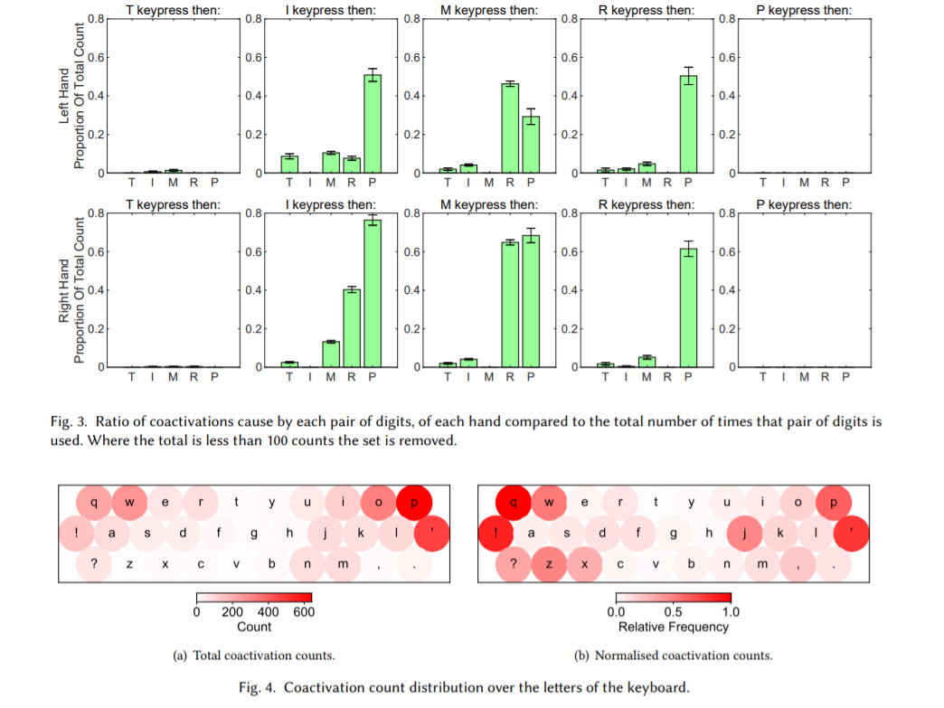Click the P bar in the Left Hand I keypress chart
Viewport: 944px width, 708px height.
(373, 124)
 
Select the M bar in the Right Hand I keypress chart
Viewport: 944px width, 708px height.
(330, 354)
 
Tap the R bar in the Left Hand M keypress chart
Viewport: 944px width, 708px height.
(510, 127)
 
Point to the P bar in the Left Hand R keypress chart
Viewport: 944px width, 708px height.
(689, 124)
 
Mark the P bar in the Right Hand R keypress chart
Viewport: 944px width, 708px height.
(689, 307)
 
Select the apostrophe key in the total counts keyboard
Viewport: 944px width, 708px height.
(432, 533)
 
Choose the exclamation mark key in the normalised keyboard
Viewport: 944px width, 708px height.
(496, 533)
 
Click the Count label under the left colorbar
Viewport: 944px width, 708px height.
(254, 627)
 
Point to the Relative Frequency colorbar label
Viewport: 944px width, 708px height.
(674, 627)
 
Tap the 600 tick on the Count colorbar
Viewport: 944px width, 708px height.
(303, 612)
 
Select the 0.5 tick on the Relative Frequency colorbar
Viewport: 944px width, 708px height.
(674, 612)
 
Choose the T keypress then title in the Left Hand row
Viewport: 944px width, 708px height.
(173, 11)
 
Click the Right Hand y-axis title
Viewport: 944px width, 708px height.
(72, 289)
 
